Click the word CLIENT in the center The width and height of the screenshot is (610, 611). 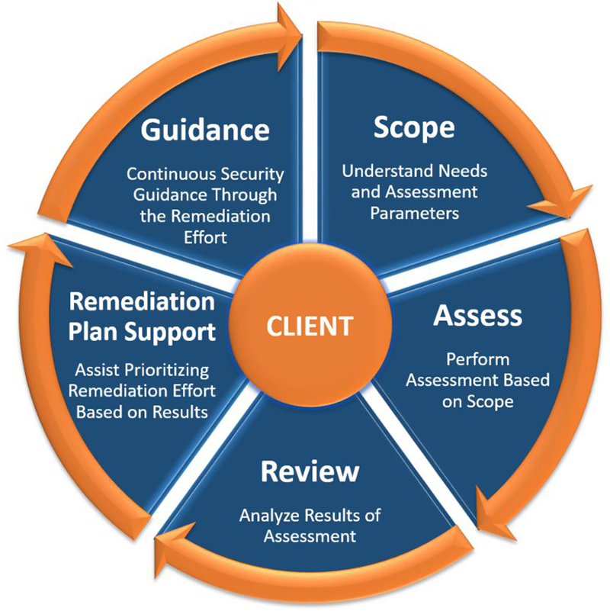pos(310,326)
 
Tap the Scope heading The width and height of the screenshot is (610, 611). pos(413,127)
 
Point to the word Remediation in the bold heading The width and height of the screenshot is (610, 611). pos(142,301)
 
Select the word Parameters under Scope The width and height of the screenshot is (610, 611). pos(415,212)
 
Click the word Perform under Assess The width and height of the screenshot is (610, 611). pos(478,359)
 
